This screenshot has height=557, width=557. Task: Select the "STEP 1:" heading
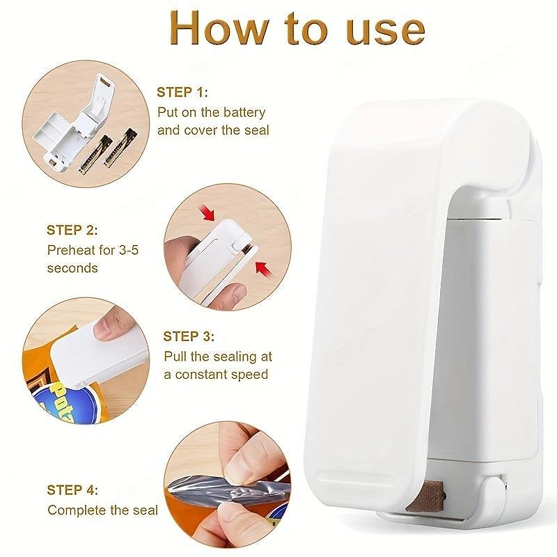182,93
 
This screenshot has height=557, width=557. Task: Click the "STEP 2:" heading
72,230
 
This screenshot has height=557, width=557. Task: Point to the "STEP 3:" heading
189,336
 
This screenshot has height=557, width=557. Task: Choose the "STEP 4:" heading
72,490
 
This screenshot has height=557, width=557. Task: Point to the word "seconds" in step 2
72,267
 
